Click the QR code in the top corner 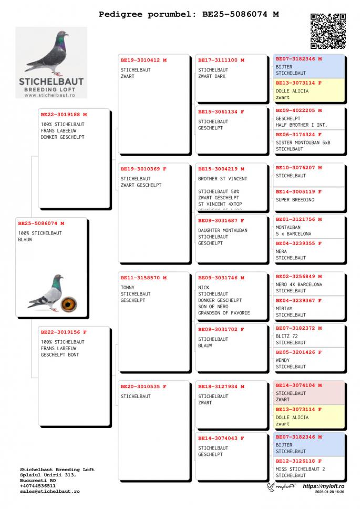point(328,31)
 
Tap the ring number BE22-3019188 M point(64,114)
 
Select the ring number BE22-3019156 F point(64,332)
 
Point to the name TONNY point(128,288)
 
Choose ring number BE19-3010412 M point(143,60)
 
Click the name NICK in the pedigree point(203,288)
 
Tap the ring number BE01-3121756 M point(299,219)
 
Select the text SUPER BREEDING point(295,200)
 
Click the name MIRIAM point(285,309)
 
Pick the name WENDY point(283,360)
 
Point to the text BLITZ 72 point(287,336)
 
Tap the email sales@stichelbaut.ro point(49,491)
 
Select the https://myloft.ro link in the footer point(323,486)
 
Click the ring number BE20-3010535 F point(143,386)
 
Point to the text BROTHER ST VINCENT point(222,179)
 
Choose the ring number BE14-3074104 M point(299,385)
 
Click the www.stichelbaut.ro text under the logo point(51,95)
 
